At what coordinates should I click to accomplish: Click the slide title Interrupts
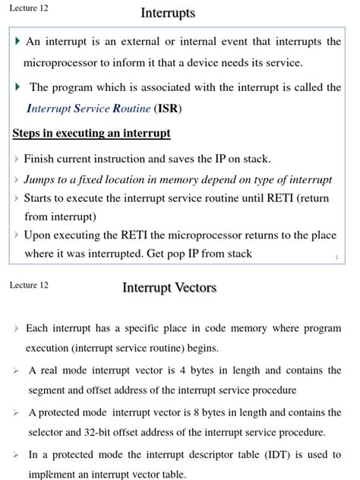[x=168, y=13]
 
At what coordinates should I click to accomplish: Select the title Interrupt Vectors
[x=169, y=287]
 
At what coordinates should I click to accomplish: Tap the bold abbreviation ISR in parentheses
[x=168, y=109]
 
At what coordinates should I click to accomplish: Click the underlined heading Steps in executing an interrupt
[x=91, y=134]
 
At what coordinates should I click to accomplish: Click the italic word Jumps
[x=41, y=180]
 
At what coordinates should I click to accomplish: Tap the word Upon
[x=38, y=235]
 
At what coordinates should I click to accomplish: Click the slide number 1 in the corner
[x=336, y=257]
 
